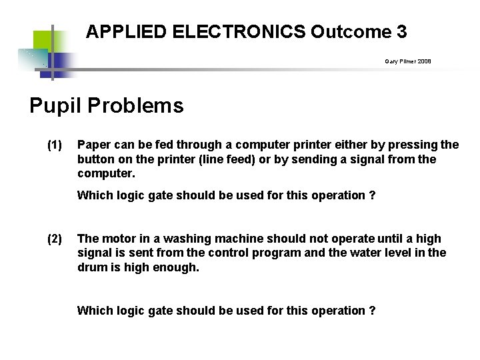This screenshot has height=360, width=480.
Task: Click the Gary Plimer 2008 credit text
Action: (407, 61)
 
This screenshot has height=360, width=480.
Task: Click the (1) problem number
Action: (55, 145)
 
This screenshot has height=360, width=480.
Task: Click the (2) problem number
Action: (55, 239)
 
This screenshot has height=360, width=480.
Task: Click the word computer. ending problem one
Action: (106, 173)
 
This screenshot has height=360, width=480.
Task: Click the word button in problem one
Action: (95, 159)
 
